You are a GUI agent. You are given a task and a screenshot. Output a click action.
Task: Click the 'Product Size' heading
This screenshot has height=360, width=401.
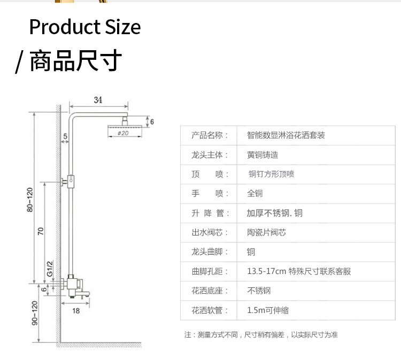coord(84,27)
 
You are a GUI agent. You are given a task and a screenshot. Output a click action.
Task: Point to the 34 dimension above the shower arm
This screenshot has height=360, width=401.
coord(98,100)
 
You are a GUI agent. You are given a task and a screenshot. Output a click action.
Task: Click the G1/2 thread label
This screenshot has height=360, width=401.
coord(49,269)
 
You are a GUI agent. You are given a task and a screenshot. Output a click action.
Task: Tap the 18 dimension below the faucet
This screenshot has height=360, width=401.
coord(76,310)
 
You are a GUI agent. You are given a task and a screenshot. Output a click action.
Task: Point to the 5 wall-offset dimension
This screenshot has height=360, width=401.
coord(65,136)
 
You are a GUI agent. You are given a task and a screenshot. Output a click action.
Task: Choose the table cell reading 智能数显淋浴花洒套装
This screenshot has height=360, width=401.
coord(286,135)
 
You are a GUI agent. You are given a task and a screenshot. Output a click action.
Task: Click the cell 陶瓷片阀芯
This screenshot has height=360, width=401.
coord(266,232)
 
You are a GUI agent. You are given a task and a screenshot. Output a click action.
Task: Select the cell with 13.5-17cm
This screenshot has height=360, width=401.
coord(299,271)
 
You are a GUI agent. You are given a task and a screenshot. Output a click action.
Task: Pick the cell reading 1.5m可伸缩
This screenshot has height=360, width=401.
coord(267,310)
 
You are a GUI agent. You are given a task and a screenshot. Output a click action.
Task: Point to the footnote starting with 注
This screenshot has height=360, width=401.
coord(261,335)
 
